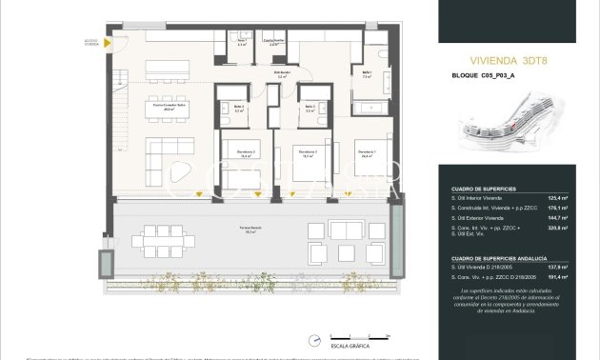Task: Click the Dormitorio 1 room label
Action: (x=365, y=152)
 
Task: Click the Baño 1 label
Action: (x=367, y=76)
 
